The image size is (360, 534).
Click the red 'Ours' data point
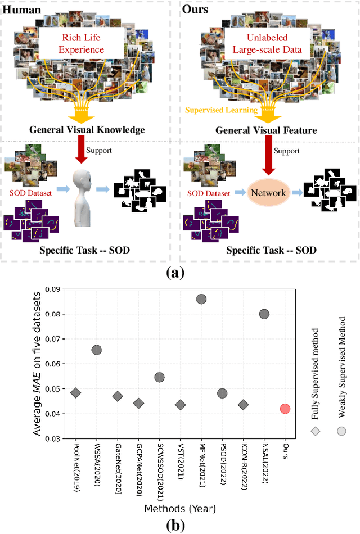tap(285, 409)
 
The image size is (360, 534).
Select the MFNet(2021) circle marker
tap(201, 299)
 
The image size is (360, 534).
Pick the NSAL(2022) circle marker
tap(264, 314)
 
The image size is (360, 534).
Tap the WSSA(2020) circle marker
tap(97, 350)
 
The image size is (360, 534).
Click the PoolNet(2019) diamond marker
tap(75, 393)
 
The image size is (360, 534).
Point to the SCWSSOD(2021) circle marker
tap(159, 377)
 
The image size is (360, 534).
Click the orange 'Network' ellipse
tap(269, 193)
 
